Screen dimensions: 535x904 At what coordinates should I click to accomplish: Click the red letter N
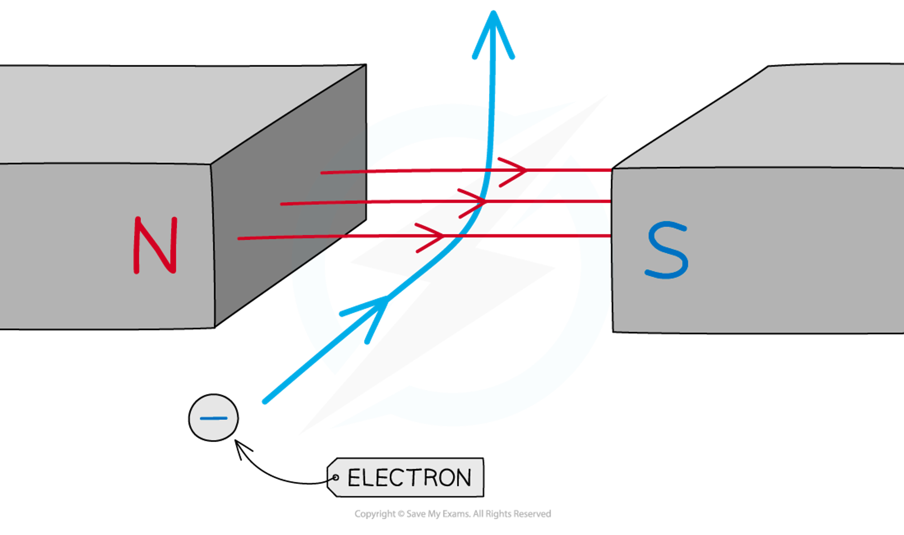155,245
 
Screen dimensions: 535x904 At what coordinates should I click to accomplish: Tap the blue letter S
667,250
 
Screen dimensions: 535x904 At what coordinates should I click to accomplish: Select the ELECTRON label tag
406,477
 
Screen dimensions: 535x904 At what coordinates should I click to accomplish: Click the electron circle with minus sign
213,418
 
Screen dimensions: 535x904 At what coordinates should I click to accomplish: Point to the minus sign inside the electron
213,419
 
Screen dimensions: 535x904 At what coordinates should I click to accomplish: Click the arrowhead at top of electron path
493,27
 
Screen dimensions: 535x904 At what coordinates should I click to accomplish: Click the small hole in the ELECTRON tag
335,478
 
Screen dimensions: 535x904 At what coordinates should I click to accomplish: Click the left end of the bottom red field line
239,238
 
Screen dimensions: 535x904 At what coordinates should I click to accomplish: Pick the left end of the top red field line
322,172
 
